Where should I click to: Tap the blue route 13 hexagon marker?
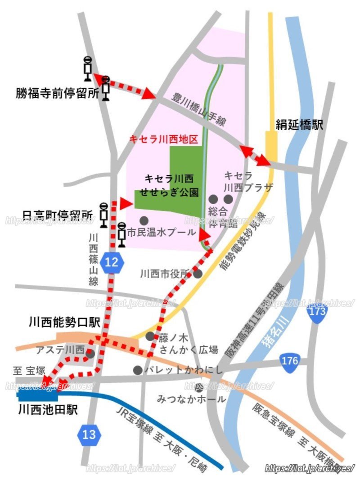point(90,435)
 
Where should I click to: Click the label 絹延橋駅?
point(299,126)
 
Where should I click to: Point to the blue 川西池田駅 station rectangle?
point(38,395)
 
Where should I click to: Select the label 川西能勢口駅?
point(64,322)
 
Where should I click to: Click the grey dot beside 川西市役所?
point(198,274)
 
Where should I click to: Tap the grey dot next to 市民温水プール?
point(144,220)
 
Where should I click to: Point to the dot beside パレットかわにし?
point(138,370)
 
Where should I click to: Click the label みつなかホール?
point(191,399)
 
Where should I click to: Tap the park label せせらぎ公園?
point(169,192)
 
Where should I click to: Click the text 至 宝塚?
point(29,371)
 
